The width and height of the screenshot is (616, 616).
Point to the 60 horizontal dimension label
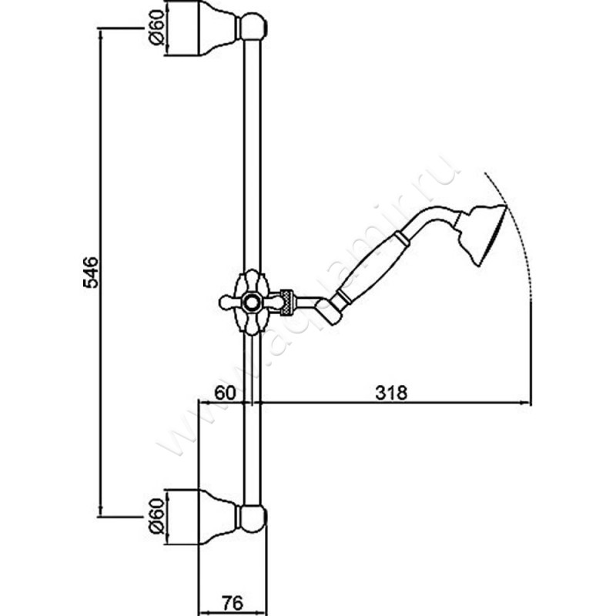coord(224,391)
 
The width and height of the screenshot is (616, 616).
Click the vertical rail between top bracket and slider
coord(251,154)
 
